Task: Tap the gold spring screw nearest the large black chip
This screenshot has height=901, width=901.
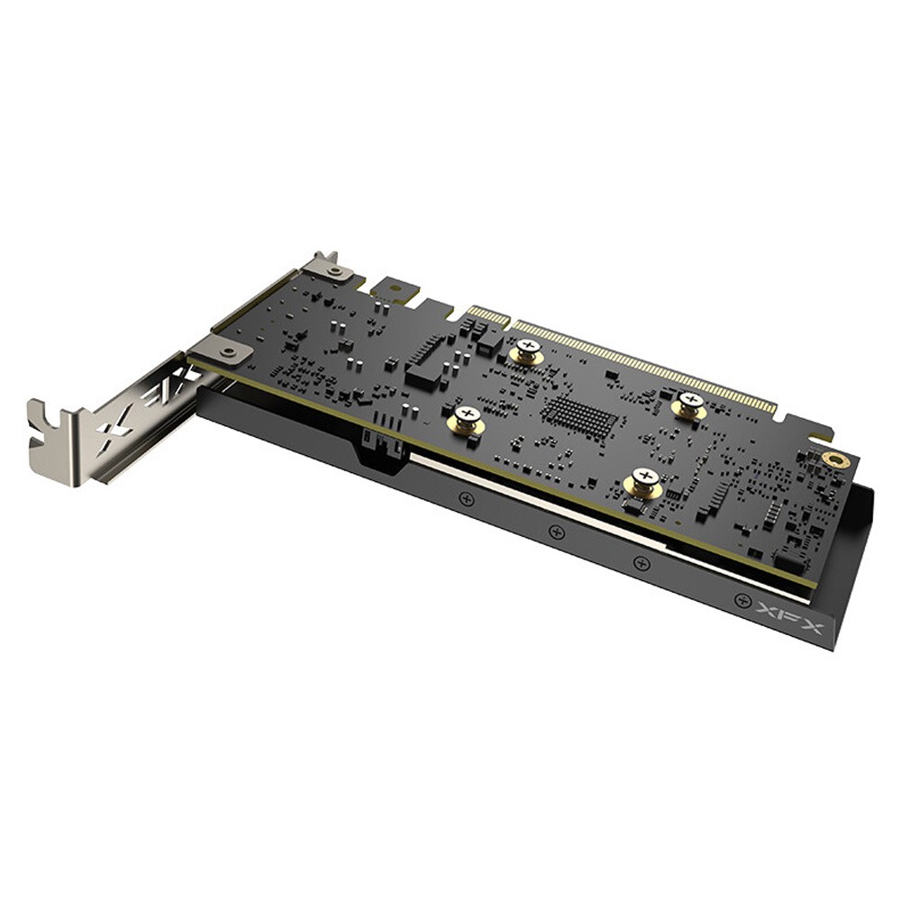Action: (x=467, y=418)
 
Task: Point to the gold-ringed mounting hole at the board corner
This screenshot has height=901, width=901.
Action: (x=833, y=459)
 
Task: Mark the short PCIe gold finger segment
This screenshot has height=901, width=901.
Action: (x=487, y=316)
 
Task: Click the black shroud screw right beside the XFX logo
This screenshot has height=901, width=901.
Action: (x=742, y=599)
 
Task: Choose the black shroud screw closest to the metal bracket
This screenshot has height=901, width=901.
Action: (x=467, y=497)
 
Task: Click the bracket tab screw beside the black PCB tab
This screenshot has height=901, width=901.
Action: (x=334, y=269)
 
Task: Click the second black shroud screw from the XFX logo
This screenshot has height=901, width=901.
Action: (x=642, y=563)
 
